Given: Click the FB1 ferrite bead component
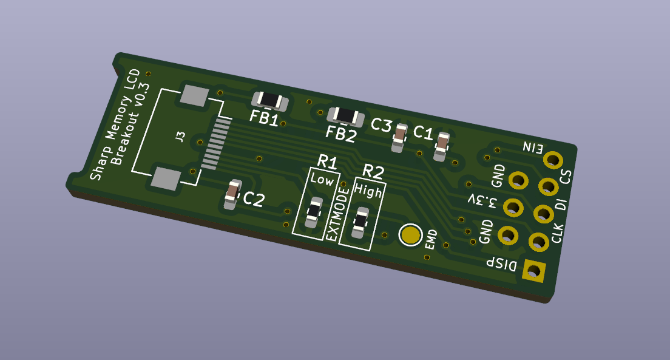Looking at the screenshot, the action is coord(270,101).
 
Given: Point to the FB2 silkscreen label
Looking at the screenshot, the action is coord(340,134).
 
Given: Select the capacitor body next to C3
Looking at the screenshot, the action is coord(399,138).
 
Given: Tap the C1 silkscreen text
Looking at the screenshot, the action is coord(423,132).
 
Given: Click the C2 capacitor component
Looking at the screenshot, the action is coord(232,194).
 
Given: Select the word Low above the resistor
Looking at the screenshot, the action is coord(322,179).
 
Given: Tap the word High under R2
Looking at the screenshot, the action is coord(368,190).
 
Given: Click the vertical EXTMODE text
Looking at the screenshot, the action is coord(337,213).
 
